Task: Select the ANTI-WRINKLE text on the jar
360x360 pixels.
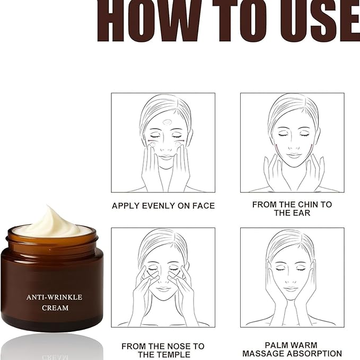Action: point(55,297)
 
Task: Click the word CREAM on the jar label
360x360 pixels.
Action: point(55,308)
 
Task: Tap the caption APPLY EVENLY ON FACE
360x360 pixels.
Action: point(163,206)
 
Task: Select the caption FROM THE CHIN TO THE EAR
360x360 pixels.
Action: point(292,208)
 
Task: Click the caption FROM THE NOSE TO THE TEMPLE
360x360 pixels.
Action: point(163,350)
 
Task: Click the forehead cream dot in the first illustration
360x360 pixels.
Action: point(166,122)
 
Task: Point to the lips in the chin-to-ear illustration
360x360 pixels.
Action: point(294,155)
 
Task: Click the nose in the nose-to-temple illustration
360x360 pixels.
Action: point(164,278)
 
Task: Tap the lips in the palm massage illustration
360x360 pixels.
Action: point(291,289)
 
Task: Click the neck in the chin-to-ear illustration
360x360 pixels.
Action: point(294,175)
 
